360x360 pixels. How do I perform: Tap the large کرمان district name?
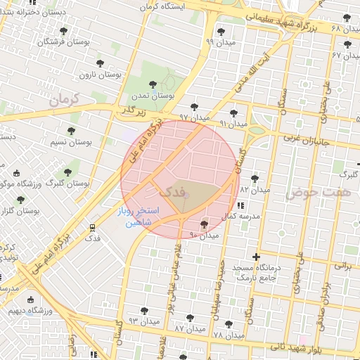pyautogui.click(x=65, y=101)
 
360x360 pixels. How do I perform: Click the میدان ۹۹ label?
pyautogui.click(x=219, y=42)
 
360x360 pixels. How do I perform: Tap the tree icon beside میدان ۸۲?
pyautogui.click(x=255, y=179)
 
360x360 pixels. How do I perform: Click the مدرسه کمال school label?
pyautogui.click(x=242, y=216)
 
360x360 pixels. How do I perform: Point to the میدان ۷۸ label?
pyautogui.click(x=228, y=335)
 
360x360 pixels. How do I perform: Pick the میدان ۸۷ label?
pyautogui.click(x=188, y=328)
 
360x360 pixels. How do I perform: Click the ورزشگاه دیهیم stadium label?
pyautogui.click(x=27, y=310)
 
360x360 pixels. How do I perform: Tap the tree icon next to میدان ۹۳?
pyautogui.click(x=144, y=310)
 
